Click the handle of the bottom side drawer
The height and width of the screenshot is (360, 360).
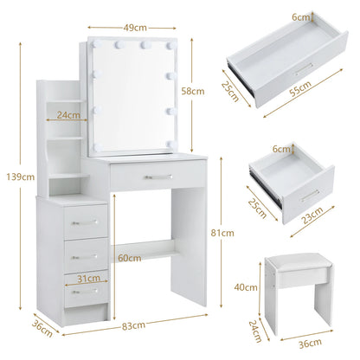pyautogui.click(x=84, y=291)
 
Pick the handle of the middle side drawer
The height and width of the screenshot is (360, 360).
pyautogui.click(x=84, y=256)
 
